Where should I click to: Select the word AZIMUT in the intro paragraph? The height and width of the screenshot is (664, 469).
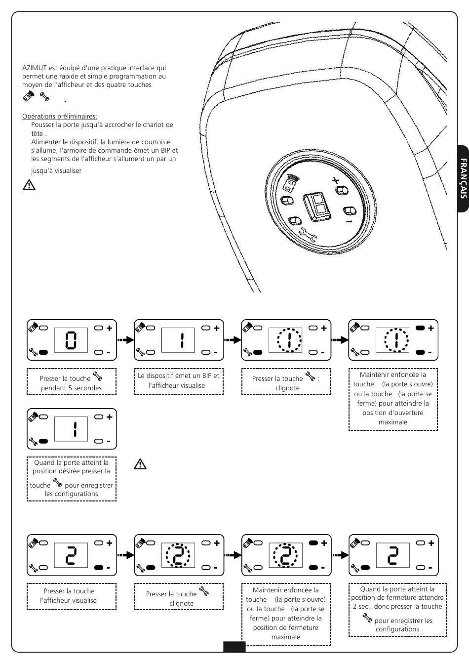[33, 68]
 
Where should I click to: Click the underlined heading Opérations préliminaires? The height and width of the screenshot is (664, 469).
[59, 116]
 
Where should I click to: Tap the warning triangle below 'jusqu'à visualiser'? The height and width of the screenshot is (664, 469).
[29, 185]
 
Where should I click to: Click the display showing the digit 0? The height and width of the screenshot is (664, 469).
[71, 340]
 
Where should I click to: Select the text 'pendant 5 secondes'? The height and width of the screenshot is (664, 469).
[71, 388]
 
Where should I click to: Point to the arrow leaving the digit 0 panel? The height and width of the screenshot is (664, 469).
[125, 340]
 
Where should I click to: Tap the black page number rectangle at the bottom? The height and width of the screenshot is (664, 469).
[234, 647]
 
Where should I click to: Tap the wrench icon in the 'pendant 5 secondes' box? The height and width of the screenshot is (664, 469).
[97, 377]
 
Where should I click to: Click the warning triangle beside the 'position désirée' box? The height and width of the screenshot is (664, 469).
[141, 464]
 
